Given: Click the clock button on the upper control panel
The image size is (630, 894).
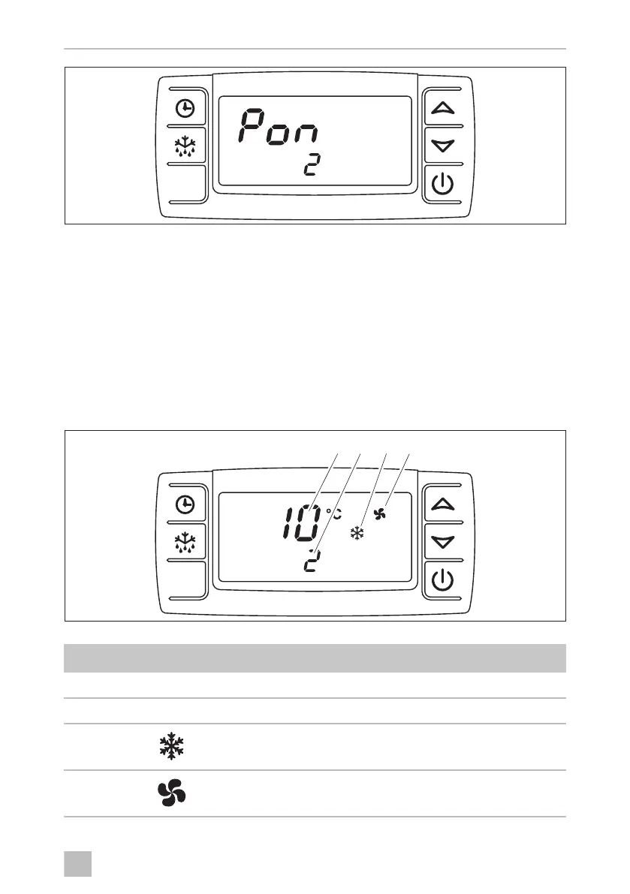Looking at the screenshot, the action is (184, 110).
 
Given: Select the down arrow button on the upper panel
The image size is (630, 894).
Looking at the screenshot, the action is (444, 146).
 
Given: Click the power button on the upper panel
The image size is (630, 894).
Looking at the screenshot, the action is (444, 184).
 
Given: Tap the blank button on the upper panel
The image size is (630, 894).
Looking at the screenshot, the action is (185, 184).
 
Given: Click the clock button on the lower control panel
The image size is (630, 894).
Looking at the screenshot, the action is (184, 506).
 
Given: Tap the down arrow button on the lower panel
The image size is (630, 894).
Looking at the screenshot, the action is (444, 542).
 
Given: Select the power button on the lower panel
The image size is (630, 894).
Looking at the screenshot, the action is (444, 580).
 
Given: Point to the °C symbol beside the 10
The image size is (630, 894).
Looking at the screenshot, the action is (333, 513).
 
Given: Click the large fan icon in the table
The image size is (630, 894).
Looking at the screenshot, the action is (172, 793).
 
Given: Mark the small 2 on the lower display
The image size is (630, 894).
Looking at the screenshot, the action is (309, 563).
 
